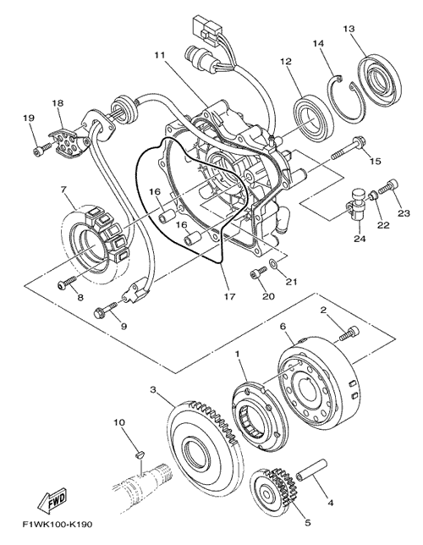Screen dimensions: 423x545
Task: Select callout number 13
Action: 349,29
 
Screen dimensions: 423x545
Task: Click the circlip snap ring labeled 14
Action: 344,99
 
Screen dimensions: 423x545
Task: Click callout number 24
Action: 360,239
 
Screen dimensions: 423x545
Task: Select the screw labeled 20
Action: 258,272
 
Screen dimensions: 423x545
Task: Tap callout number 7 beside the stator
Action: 63,190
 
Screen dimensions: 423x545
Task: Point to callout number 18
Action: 58,103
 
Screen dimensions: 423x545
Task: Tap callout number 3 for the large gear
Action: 154,389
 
